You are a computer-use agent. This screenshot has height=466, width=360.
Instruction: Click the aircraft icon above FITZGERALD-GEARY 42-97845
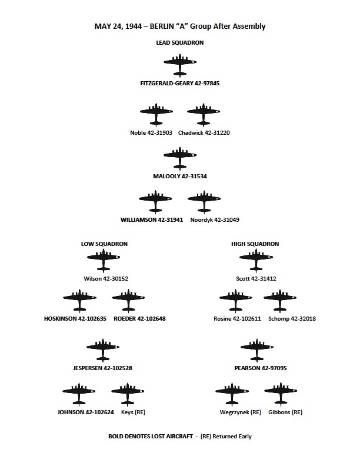point(179,65)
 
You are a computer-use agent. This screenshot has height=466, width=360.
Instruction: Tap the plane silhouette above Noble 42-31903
point(156,114)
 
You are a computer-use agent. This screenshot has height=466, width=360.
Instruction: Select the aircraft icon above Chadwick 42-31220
point(204,114)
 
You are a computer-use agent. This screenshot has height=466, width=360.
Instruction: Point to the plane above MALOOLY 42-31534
point(179,158)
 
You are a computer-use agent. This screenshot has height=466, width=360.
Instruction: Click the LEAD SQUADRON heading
point(180,43)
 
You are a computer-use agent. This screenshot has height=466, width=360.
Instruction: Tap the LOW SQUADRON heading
point(104,244)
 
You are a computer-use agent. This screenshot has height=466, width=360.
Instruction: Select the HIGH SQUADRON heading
point(255,244)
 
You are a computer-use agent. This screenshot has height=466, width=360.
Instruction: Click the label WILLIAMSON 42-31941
point(152,220)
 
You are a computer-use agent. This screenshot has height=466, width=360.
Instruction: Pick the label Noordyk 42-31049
point(215,220)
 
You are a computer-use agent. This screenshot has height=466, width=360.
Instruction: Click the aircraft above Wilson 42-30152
point(104,260)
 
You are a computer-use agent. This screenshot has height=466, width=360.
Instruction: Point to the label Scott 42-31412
point(256,279)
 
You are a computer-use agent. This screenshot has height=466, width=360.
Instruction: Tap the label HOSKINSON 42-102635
point(75,318)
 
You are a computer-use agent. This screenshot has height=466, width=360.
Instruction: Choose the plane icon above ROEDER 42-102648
point(128,300)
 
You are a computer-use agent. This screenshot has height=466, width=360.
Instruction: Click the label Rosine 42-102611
point(237,318)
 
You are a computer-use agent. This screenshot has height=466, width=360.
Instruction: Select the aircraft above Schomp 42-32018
point(280,300)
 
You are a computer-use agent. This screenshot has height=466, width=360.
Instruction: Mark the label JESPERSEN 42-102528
point(103,368)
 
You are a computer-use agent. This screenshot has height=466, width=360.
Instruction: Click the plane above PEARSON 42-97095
point(256,349)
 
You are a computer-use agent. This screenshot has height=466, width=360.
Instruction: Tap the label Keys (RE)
point(133,412)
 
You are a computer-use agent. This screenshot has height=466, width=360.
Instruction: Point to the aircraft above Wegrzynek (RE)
point(232,394)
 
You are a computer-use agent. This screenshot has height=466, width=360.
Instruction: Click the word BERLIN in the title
point(162,26)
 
